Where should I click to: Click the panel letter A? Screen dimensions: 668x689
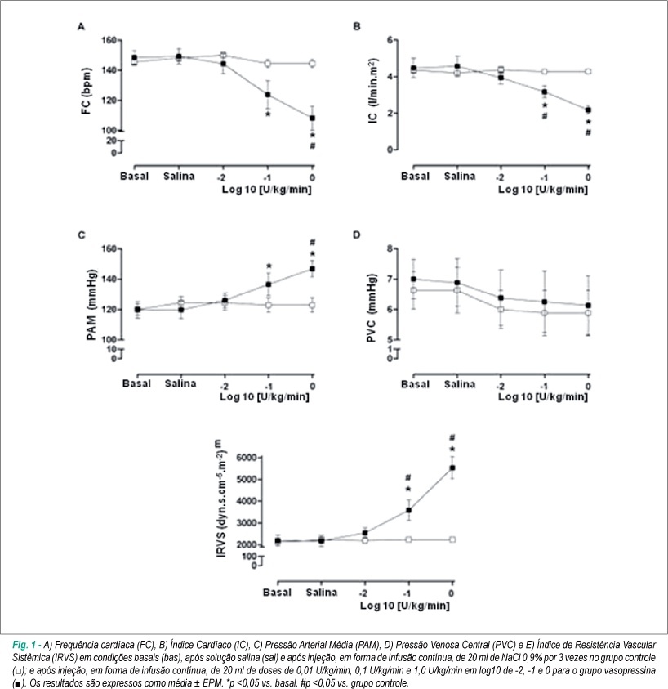(81, 27)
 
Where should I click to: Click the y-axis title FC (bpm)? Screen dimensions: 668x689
(86, 91)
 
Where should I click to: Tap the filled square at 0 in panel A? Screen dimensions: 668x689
(312, 119)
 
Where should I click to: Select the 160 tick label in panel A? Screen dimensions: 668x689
(109, 40)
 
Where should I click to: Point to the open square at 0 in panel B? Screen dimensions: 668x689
(588, 71)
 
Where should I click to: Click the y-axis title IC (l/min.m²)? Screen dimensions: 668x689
(372, 91)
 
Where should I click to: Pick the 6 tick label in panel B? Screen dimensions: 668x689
(390, 40)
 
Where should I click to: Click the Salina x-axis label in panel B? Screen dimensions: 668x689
(460, 177)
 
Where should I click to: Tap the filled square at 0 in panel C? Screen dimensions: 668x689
(312, 268)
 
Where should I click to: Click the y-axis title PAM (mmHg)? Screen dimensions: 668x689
(91, 305)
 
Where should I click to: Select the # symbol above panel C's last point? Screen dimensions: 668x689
(312, 242)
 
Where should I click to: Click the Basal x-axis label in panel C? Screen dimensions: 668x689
(136, 383)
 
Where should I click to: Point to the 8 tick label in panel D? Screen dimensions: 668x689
(390, 248)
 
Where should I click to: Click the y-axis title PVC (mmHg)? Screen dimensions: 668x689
(372, 307)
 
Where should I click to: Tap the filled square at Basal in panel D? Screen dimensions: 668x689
(413, 279)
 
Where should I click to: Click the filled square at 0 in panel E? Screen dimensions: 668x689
(452, 468)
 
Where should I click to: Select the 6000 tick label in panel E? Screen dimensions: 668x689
(246, 458)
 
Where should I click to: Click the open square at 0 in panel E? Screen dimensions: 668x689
(452, 539)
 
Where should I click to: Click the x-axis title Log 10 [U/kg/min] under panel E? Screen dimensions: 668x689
(404, 606)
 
